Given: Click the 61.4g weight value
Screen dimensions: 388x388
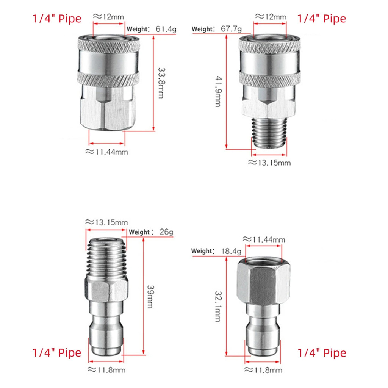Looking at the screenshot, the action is coord(166,29).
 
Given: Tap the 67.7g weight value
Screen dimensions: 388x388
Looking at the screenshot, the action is coord(231,29).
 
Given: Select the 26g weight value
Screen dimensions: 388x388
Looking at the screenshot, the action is coord(166,232).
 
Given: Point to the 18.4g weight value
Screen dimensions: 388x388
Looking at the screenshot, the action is coord(231,251).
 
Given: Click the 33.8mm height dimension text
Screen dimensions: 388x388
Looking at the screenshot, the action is coord(161,83).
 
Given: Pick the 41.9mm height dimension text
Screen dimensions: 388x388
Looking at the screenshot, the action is coord(218,91).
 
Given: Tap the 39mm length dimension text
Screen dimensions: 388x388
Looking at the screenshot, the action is coord(150,296).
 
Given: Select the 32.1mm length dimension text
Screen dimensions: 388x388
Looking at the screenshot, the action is coord(218,306).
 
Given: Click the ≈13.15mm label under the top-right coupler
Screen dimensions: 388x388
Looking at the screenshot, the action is coord(269,163).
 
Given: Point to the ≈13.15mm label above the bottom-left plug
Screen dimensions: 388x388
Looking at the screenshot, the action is coord(106,222).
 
